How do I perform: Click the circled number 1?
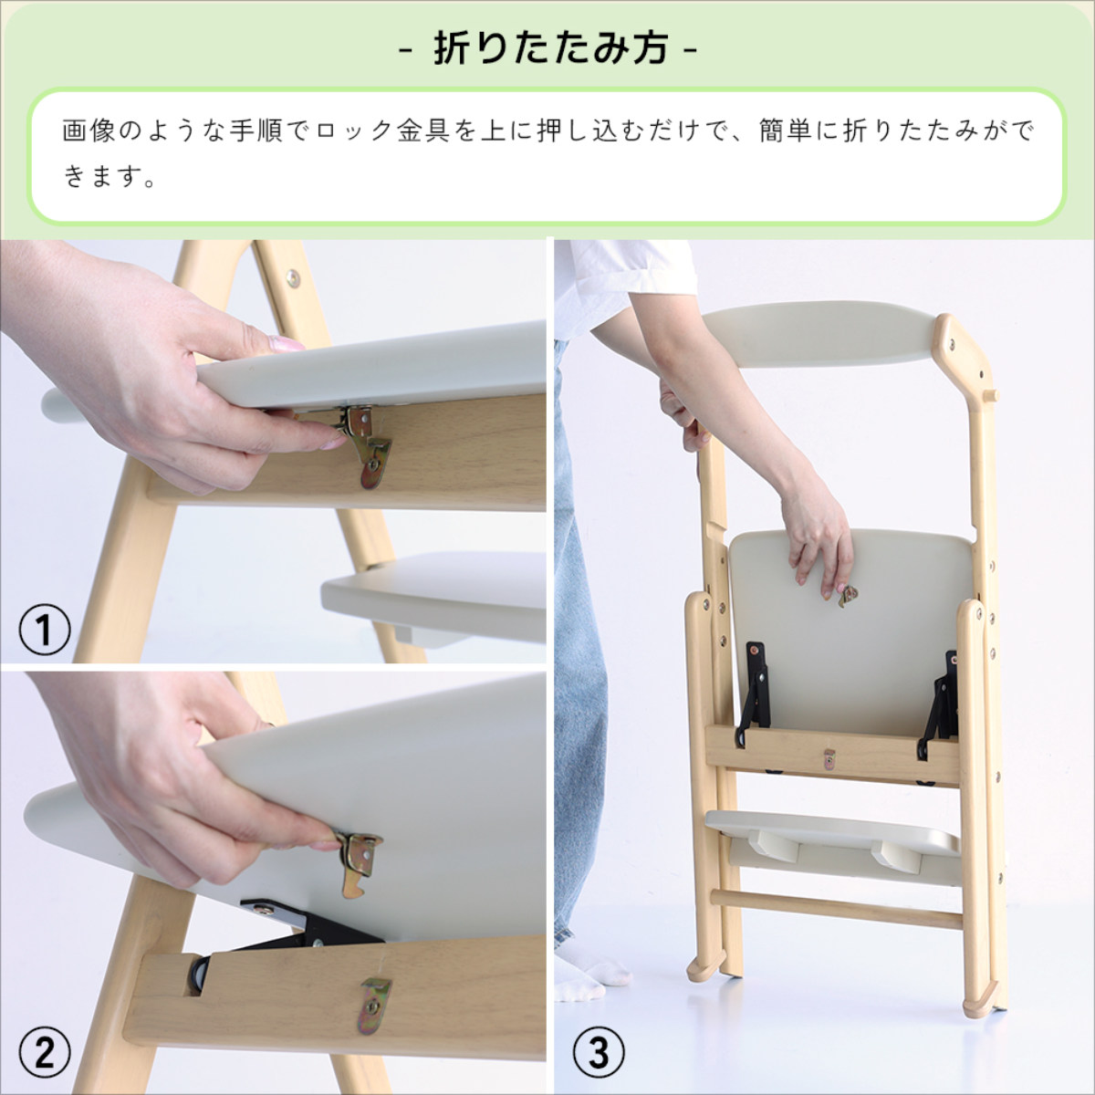click(x=45, y=630)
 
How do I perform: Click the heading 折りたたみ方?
click(x=549, y=49)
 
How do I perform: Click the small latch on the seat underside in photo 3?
click(x=849, y=596)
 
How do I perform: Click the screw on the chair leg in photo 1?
click(x=293, y=273)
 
